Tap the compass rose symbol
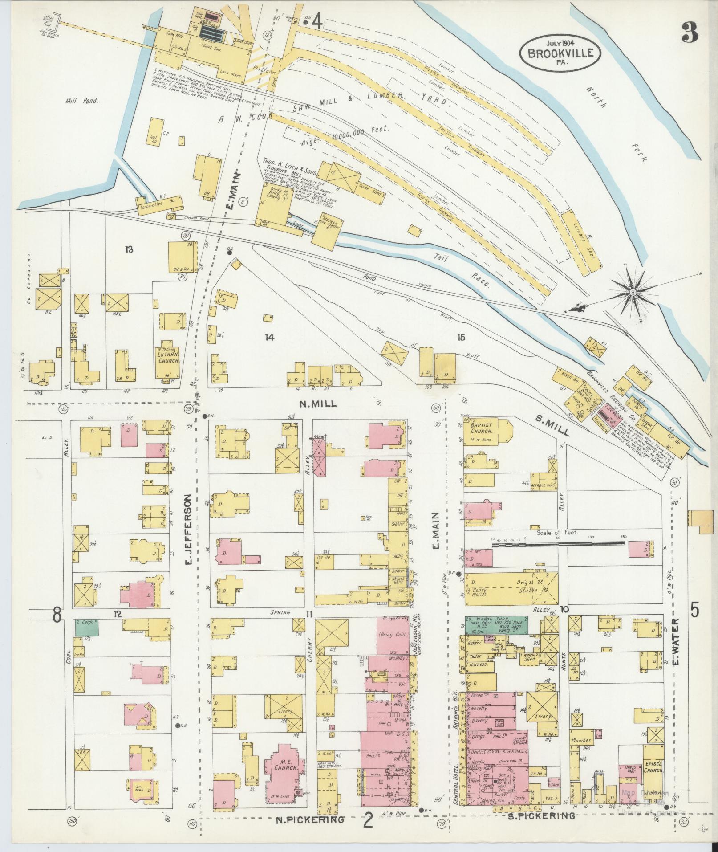tap(632, 292)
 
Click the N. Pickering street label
tap(310, 819)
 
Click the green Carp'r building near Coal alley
tap(87, 627)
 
